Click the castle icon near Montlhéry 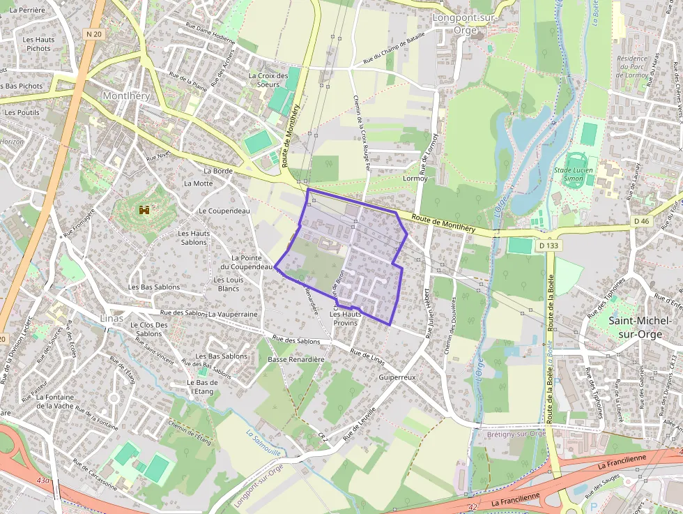click(145, 209)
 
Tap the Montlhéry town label click(126, 96)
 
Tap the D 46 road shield click(642, 221)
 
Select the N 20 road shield click(95, 33)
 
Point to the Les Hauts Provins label click(345, 319)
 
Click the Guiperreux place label click(397, 377)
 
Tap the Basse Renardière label click(296, 360)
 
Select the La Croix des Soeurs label click(268, 80)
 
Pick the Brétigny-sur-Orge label click(516, 433)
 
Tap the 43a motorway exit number click(44, 481)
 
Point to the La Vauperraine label click(233, 315)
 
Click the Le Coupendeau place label click(224, 211)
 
